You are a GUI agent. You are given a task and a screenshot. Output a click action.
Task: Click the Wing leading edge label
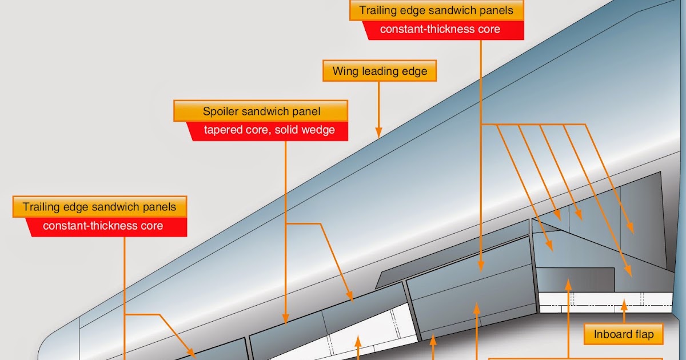pyautogui.click(x=380, y=71)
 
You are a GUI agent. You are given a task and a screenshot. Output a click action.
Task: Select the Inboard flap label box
pyautogui.click(x=623, y=334)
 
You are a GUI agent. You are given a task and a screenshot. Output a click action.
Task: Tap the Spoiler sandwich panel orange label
pyautogui.click(x=261, y=111)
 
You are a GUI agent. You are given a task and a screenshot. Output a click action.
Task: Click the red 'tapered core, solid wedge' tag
pyautogui.click(x=269, y=130)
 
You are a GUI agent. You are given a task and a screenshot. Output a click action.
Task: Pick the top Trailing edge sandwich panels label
pyautogui.click(x=436, y=10)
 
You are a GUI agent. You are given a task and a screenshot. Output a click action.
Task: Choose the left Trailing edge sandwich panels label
pyautogui.click(x=99, y=206)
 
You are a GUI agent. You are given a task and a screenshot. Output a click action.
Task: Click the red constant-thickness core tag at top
pyautogui.click(x=440, y=30)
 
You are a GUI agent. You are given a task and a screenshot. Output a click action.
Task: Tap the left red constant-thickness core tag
pyautogui.click(x=103, y=226)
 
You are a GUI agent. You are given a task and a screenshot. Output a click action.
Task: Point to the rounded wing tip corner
pyautogui.click(x=54, y=337)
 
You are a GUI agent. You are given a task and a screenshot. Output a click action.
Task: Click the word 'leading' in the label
pyautogui.click(x=381, y=71)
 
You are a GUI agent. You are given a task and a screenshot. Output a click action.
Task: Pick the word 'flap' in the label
pyautogui.click(x=643, y=334)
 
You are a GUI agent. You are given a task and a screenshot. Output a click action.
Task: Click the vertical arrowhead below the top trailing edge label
pyautogui.click(x=480, y=266)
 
